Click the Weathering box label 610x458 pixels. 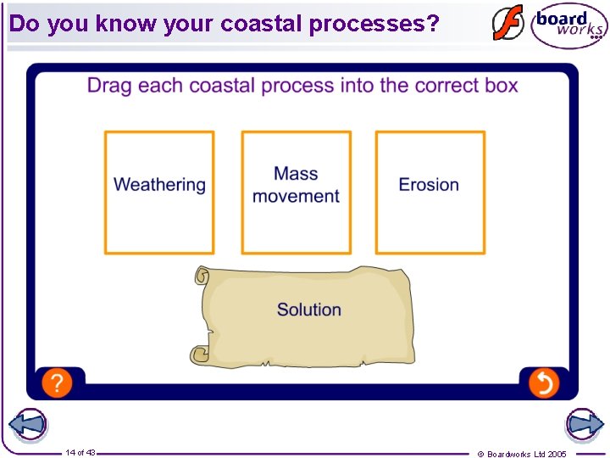(x=159, y=185)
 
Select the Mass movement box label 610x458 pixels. (x=296, y=185)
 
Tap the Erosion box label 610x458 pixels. (x=429, y=185)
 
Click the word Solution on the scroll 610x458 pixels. (x=309, y=310)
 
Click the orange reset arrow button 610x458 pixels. (x=544, y=383)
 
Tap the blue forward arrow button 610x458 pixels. (x=584, y=425)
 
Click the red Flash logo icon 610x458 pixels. (x=508, y=23)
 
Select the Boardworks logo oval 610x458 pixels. (x=568, y=26)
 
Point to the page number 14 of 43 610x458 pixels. (x=80, y=453)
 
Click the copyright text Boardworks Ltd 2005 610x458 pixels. (x=526, y=454)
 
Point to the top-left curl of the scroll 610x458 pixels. (x=202, y=276)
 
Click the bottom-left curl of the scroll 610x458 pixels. (x=200, y=354)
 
